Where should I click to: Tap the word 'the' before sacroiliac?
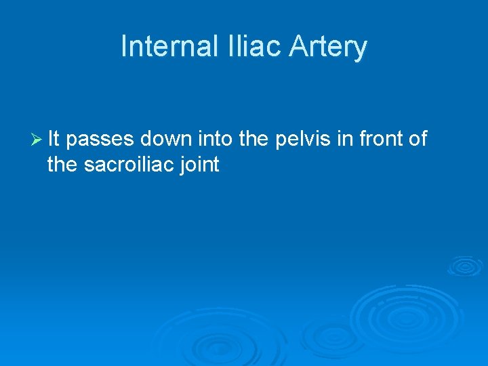63,164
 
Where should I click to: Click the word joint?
200,165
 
